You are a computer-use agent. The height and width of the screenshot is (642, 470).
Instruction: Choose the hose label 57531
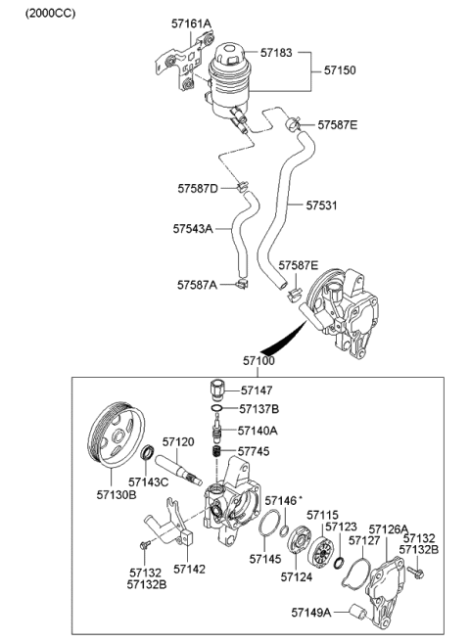[321, 206]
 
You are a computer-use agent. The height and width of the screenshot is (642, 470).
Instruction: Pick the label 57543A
[195, 228]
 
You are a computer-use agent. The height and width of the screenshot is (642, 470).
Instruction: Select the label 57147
[258, 390]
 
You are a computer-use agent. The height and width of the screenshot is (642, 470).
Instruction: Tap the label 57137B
[259, 409]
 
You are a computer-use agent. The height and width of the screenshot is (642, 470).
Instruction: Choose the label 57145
[264, 560]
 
